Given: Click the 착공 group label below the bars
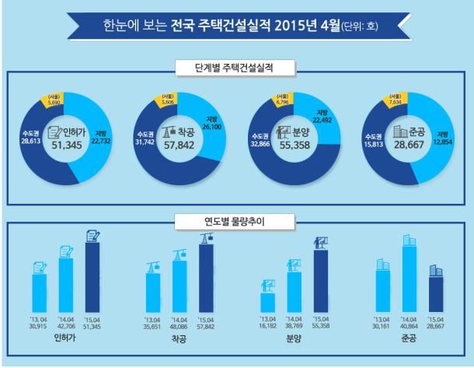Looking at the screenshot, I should pyautogui.click(x=178, y=341).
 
